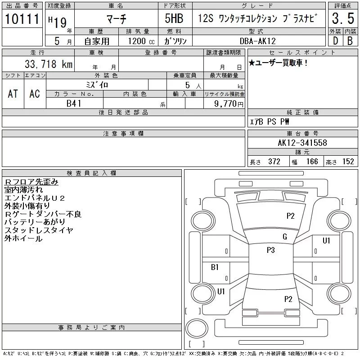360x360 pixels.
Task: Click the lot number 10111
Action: pyautogui.click(x=22, y=20)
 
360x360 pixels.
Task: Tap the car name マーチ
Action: pyautogui.click(x=116, y=19)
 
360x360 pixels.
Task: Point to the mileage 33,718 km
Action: pyautogui.click(x=44, y=65)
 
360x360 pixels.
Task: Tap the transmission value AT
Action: pyautogui.click(x=13, y=94)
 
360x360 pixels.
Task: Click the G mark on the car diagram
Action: pyautogui.click(x=285, y=237)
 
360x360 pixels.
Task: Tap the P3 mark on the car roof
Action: pyautogui.click(x=270, y=250)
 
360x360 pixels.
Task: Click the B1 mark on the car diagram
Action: pyautogui.click(x=215, y=267)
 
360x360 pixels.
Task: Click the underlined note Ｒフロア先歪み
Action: pyautogui.click(x=31, y=182)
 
